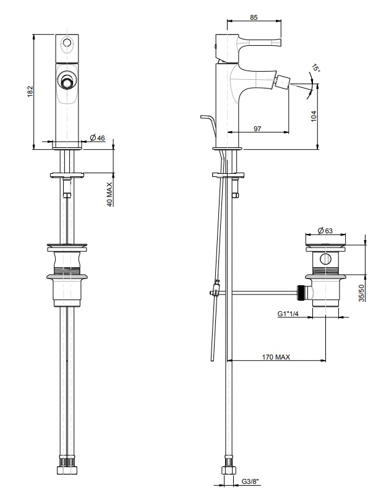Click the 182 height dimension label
30,91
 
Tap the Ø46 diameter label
97,137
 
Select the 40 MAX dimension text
109,194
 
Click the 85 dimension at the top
254,17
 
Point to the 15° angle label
315,68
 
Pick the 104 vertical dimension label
314,116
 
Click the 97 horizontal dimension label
257,129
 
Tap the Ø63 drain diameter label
325,231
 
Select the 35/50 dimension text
362,293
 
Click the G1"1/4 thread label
288,314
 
